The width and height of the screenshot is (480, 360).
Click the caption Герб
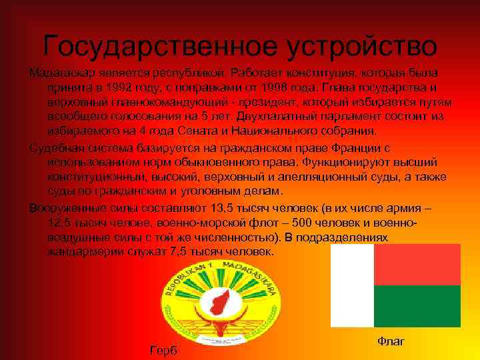point(163,350)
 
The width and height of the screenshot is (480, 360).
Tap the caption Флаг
point(391,341)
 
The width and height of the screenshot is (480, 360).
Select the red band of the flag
point(417,265)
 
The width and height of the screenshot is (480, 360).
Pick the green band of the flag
point(417,306)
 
